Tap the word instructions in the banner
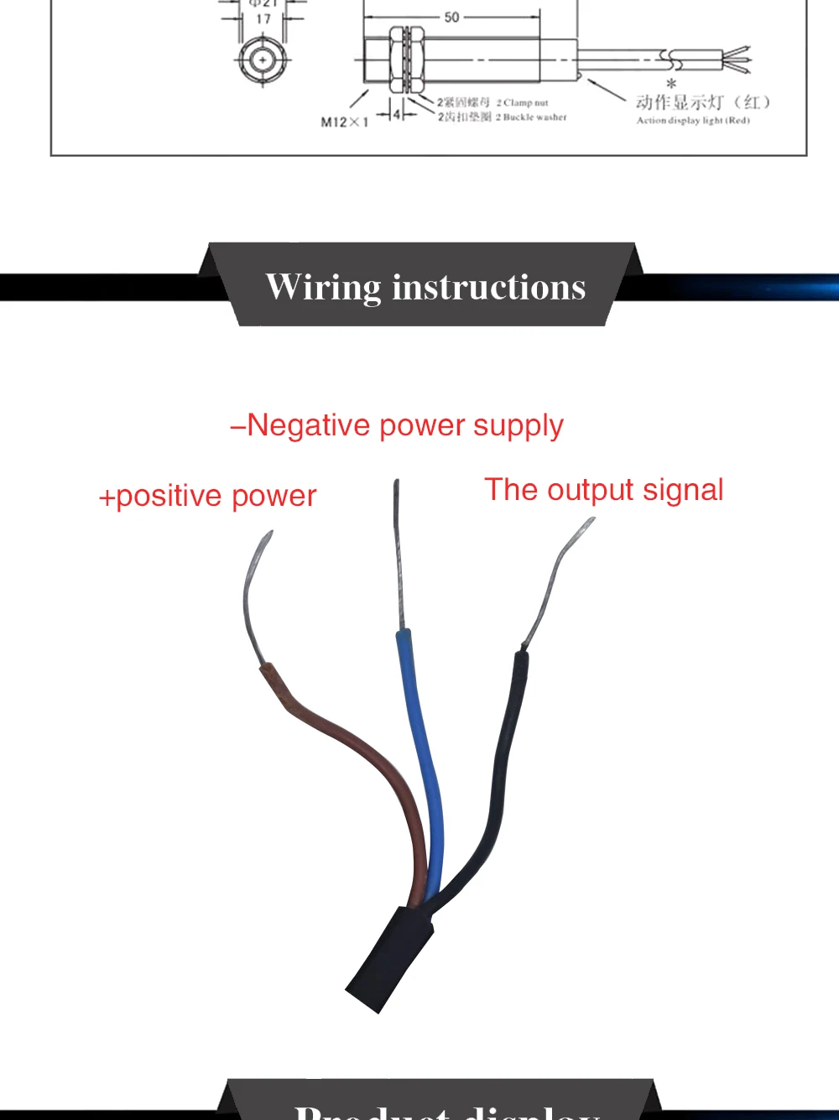tap(489, 288)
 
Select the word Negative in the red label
tap(308, 425)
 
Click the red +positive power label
tap(207, 496)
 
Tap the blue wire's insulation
tap(424, 755)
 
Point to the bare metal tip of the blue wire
tap(398, 554)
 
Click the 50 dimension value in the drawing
tap(452, 18)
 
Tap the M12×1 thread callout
tap(345, 122)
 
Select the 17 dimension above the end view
tap(263, 18)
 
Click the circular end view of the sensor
tap(263, 60)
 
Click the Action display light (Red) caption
tap(693, 121)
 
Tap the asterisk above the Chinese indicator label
tap(671, 85)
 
